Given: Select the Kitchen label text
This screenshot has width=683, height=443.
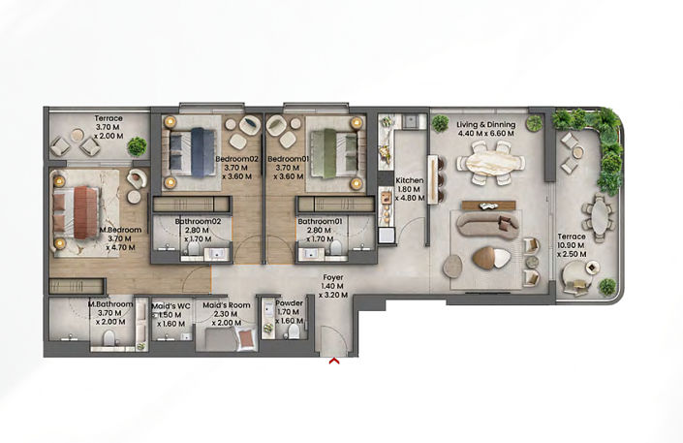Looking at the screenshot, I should pyautogui.click(x=409, y=181).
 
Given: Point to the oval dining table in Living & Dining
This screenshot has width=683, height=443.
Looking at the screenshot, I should pyautogui.click(x=489, y=163).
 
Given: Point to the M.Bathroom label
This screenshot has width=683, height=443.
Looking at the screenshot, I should pyautogui.click(x=109, y=302).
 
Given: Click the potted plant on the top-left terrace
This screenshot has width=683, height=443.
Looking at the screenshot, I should pyautogui.click(x=137, y=146).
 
